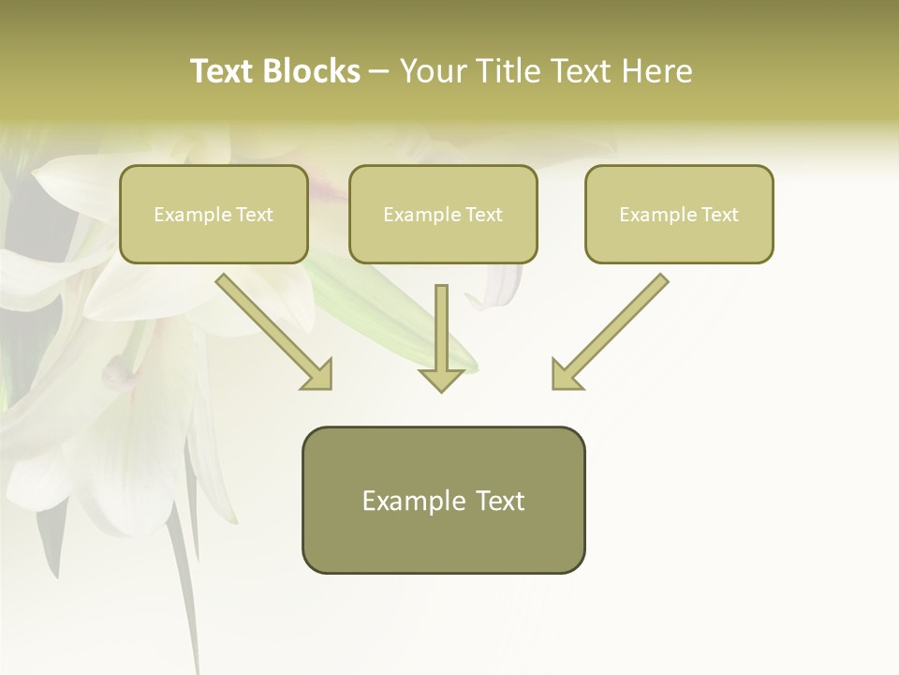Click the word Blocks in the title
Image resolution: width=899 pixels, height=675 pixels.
[x=311, y=71]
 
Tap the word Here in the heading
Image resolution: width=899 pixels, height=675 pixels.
[x=656, y=71]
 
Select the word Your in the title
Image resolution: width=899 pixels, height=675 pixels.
[x=433, y=71]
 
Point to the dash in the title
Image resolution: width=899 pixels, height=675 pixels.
[x=379, y=71]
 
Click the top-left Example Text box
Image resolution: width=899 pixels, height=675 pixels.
[x=214, y=215]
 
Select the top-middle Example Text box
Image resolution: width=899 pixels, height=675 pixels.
[x=443, y=215]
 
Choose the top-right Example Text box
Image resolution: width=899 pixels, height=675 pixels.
[x=679, y=215]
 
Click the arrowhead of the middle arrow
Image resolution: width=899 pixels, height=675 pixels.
[x=441, y=378]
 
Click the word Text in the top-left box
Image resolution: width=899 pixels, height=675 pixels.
[x=254, y=215]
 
